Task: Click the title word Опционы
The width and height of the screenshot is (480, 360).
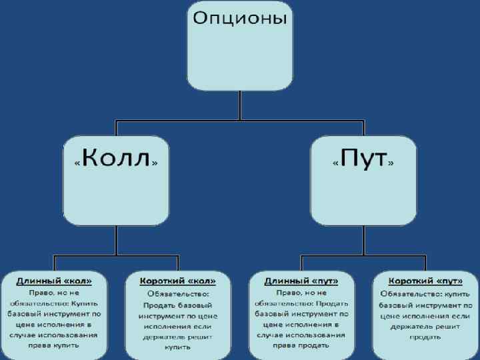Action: (240, 19)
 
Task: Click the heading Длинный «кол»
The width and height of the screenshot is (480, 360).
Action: (55, 281)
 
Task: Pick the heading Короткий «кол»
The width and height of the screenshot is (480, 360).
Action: (177, 281)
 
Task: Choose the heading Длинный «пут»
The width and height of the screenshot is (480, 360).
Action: (301, 281)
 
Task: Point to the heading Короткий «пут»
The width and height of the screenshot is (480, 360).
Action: (425, 281)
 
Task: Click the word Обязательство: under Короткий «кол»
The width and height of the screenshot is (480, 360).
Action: (177, 293)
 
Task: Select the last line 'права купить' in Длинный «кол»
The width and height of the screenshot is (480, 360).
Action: (55, 345)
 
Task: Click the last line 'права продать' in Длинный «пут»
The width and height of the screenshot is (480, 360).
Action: (301, 345)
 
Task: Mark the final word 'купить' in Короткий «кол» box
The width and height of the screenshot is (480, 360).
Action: (177, 347)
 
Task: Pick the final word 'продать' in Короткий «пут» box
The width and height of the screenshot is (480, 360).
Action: (425, 337)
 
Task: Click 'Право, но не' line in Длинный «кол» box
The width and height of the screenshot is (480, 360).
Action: (55, 292)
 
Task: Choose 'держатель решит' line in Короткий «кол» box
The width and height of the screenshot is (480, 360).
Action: (177, 337)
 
